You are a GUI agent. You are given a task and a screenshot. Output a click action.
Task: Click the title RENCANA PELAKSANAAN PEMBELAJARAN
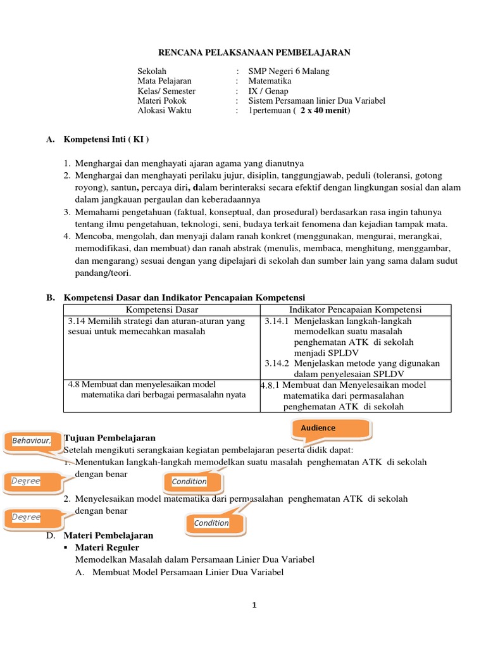(x=253, y=53)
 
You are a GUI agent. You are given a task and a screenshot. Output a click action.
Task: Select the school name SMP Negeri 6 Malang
(x=289, y=72)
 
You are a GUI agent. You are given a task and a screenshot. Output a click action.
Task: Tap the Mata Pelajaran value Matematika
(x=270, y=81)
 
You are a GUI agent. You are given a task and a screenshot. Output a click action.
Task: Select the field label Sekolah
(x=152, y=72)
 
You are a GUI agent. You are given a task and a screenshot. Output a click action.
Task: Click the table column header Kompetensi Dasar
(x=162, y=309)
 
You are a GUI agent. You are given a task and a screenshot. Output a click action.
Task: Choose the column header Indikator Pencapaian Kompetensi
(x=356, y=309)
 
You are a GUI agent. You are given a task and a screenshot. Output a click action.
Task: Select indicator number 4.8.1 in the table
(x=271, y=385)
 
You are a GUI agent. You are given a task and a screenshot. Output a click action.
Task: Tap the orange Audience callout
(x=318, y=428)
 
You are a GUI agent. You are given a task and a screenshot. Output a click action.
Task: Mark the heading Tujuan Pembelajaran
(x=110, y=438)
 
